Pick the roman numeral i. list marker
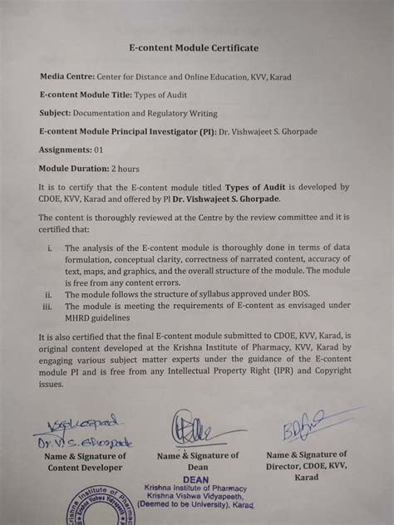point(51,248)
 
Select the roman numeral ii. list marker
point(49,294)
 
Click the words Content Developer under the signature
point(86,468)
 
